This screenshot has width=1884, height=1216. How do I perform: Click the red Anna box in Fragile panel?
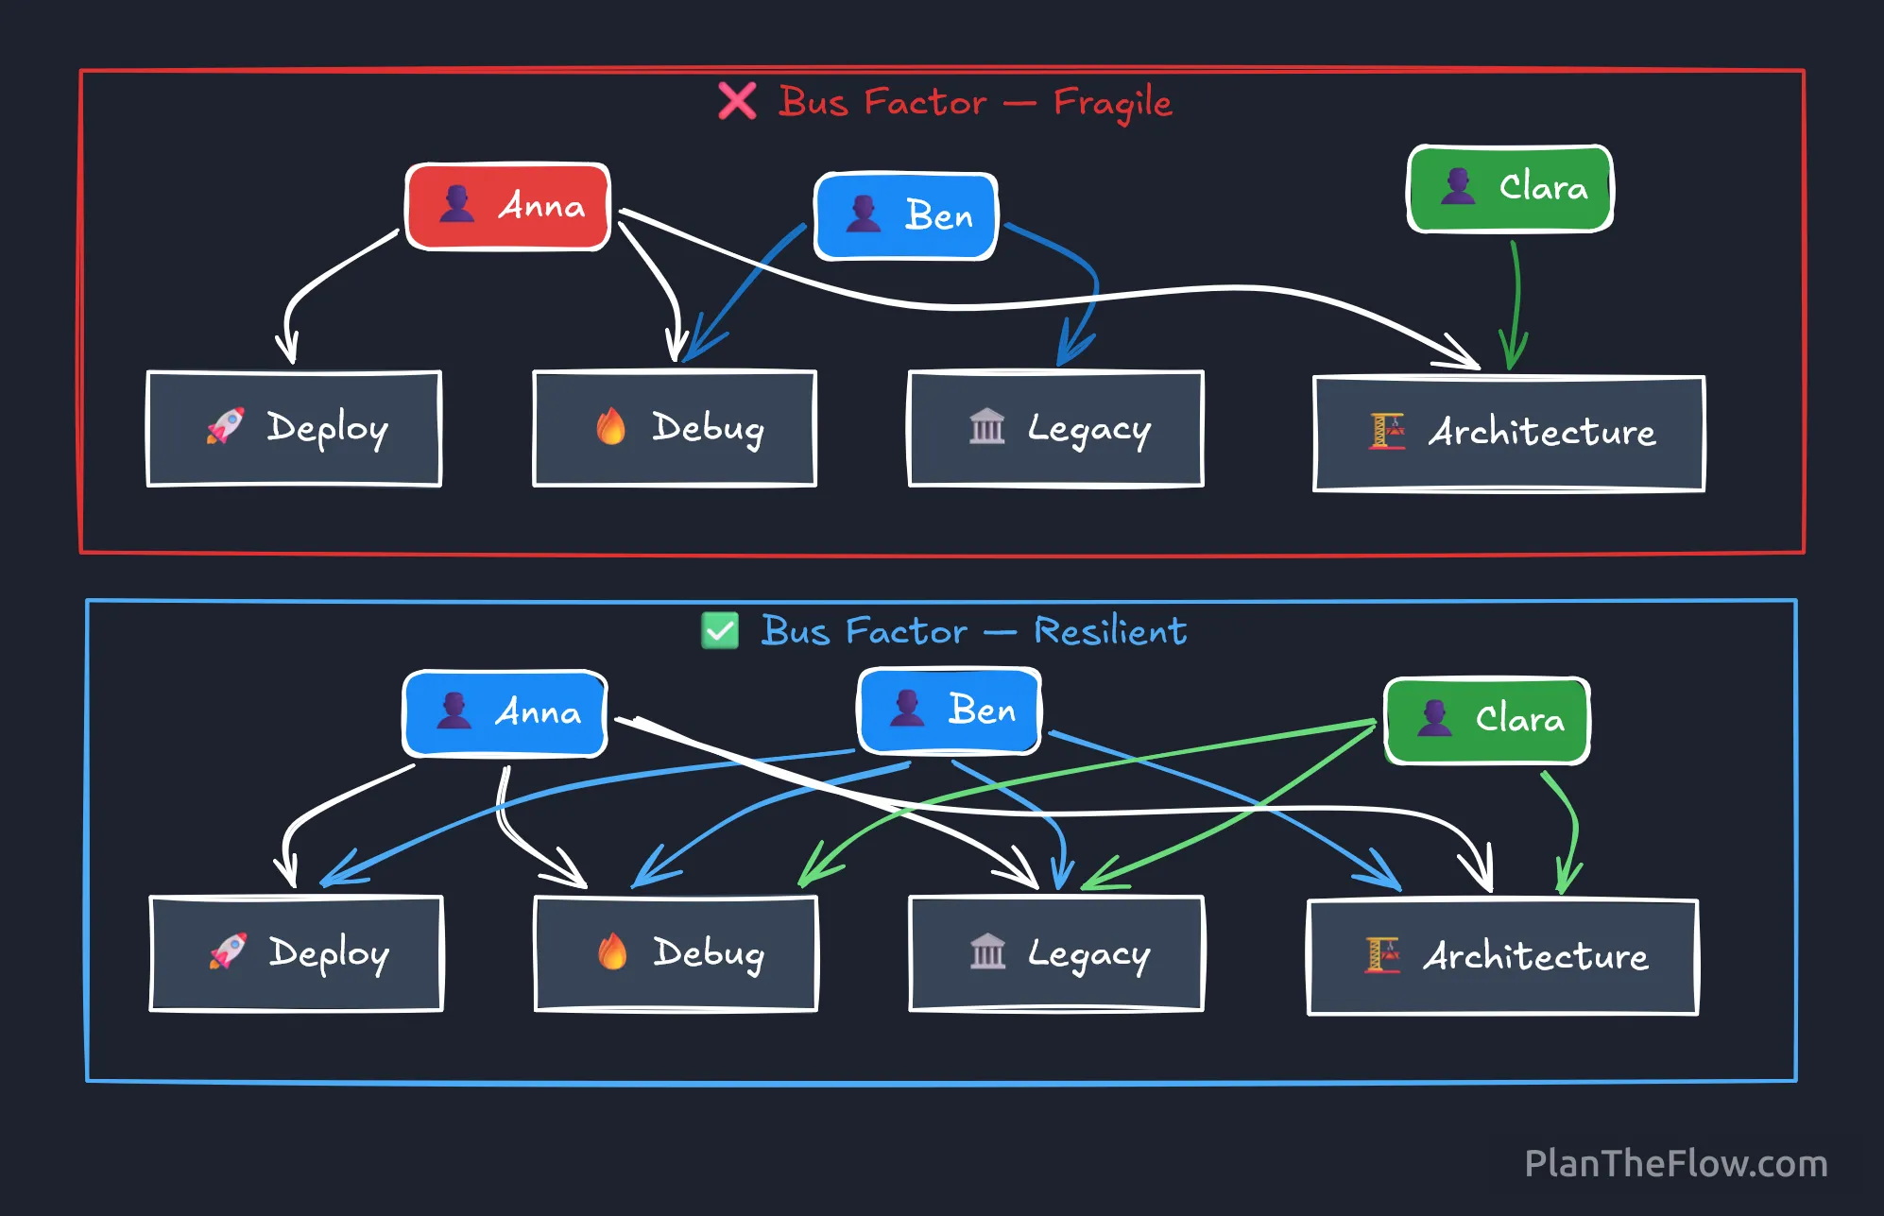[508, 206]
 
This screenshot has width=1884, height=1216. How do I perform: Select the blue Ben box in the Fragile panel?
[906, 215]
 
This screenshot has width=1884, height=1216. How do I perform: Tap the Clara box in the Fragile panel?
[1510, 188]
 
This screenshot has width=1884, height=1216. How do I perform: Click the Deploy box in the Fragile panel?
[294, 428]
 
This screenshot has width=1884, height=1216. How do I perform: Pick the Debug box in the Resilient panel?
[676, 952]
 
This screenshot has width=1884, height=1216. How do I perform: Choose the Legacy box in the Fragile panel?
[1055, 428]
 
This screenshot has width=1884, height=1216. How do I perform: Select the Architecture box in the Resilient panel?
[1502, 956]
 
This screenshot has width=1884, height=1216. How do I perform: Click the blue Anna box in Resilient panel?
[505, 712]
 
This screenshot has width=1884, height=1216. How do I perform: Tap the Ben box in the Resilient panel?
[950, 710]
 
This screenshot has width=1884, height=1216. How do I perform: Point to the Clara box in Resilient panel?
[1487, 720]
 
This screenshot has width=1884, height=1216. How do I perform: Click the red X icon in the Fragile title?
[737, 101]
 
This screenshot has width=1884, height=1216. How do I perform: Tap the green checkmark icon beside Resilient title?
[720, 630]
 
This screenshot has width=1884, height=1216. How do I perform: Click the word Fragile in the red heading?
[1112, 103]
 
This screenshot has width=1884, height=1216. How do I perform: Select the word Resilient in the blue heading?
[1110, 631]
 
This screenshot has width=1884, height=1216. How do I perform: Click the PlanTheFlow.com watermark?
[1675, 1163]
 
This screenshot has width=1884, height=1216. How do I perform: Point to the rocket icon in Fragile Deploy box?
[226, 426]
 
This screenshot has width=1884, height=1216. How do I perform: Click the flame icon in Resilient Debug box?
[612, 951]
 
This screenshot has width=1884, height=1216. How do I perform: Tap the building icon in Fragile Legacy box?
[986, 426]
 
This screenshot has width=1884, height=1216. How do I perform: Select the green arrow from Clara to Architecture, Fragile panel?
[1515, 302]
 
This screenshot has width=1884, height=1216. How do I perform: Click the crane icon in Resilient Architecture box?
[1381, 955]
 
